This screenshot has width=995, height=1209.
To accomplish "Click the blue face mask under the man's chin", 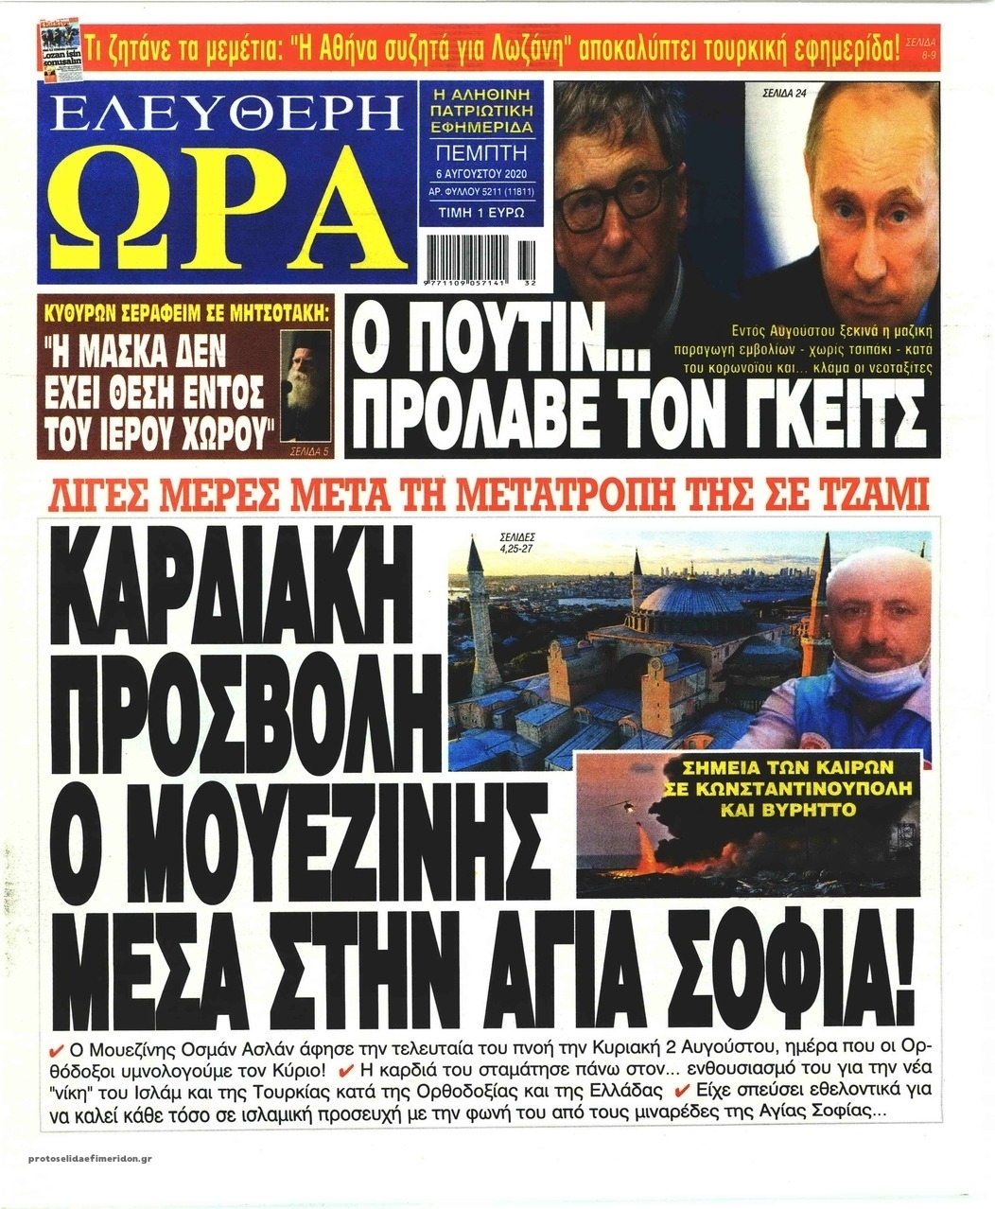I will click(875, 679).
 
